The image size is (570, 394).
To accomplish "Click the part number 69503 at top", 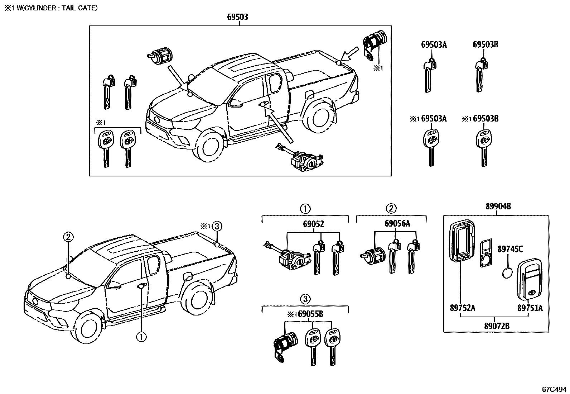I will (x=237, y=17).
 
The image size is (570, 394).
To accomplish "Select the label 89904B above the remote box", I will (x=498, y=207).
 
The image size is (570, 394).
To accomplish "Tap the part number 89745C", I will (x=510, y=249).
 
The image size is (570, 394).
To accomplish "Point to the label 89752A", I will (x=462, y=308).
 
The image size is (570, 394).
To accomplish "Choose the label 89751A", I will (x=530, y=308).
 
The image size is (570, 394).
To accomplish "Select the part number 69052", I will (x=313, y=224).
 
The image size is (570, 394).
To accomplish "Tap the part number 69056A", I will (x=397, y=224).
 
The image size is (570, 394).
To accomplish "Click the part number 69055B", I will (x=310, y=314).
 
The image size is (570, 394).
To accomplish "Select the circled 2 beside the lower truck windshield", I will (x=69, y=237).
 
